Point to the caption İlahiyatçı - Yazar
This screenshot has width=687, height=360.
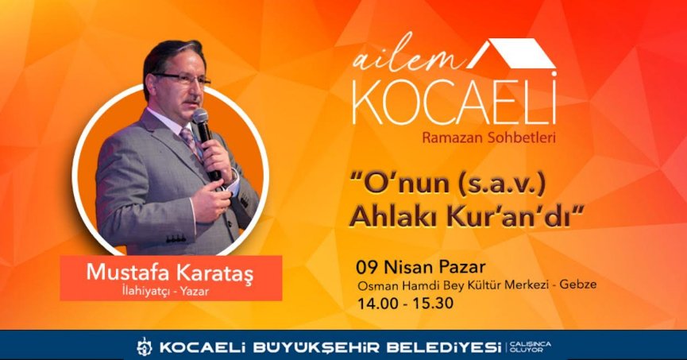coord(171,291)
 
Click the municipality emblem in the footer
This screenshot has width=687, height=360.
coord(144,346)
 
